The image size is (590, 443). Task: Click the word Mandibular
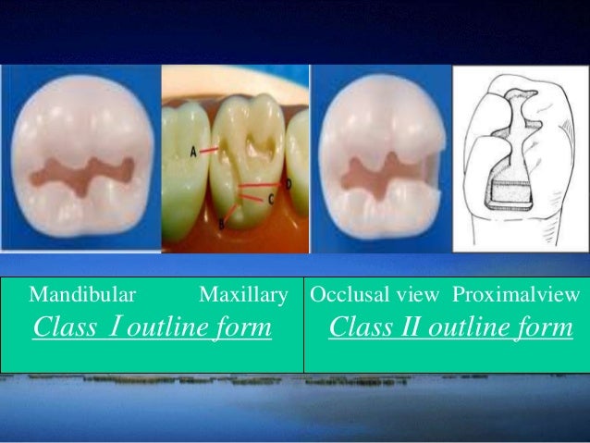82,296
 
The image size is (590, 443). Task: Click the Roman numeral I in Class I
114,327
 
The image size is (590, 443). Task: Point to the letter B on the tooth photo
222,223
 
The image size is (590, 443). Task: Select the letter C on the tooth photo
271,198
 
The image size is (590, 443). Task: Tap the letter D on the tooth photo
288,184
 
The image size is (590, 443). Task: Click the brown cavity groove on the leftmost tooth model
80,172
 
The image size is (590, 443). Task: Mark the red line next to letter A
210,148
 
